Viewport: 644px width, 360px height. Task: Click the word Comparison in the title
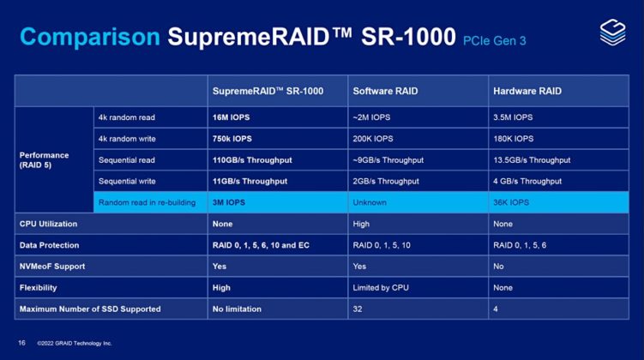[90, 37]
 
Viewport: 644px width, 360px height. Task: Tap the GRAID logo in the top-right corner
[611, 33]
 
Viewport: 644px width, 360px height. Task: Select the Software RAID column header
[385, 91]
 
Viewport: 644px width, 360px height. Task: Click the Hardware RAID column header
[526, 91]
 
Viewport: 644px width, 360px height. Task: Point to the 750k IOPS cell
[232, 138]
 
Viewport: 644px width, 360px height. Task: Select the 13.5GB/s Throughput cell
[532, 159]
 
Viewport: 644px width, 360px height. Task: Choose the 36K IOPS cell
[512, 202]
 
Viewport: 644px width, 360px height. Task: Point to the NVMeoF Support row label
[54, 267]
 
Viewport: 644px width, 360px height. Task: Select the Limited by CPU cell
[382, 288]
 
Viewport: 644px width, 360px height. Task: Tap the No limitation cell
[238, 309]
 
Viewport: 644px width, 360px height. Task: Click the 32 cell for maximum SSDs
[358, 309]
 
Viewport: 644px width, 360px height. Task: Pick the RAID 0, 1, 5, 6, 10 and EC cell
[261, 245]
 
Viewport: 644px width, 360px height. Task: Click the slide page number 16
[22, 342]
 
